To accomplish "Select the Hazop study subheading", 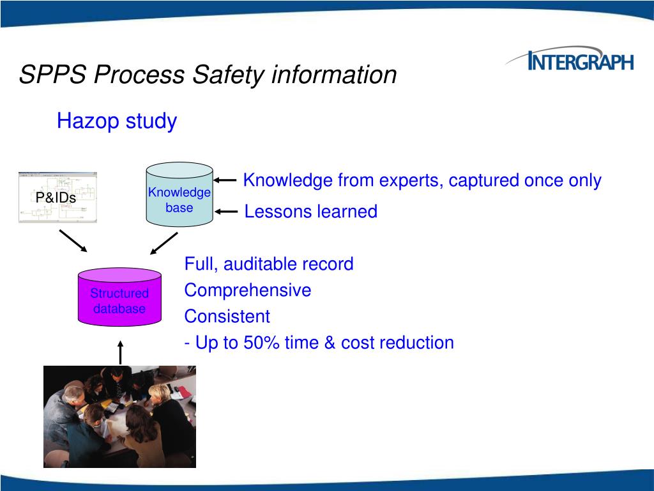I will pos(116,120).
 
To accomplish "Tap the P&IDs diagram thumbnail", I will pos(57,197).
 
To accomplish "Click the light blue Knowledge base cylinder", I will pos(179,195).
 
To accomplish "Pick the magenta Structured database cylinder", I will pos(119,297).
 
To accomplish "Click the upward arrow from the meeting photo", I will pos(120,352).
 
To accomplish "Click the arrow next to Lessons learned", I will pos(226,211).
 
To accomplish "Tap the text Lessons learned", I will pos(310,212).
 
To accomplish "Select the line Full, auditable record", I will pos(268,264).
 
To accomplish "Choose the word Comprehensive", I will pos(248,290).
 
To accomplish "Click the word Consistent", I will pos(227,316).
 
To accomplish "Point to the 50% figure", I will pos(263,343).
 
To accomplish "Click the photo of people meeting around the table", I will pos(119,416).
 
